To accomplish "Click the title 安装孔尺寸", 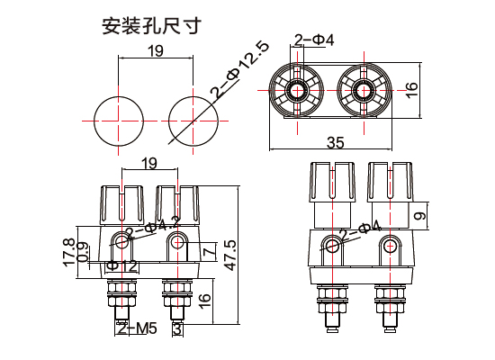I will (x=149, y=24).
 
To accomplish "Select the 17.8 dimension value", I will (x=68, y=251).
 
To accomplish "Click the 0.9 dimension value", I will (x=82, y=256).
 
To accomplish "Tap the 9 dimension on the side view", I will (x=419, y=216).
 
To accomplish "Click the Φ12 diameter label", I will (x=121, y=265).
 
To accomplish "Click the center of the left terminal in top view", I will (x=297, y=90).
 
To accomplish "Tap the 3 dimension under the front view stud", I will (x=177, y=329).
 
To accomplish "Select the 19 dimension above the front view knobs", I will (x=148, y=163).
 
